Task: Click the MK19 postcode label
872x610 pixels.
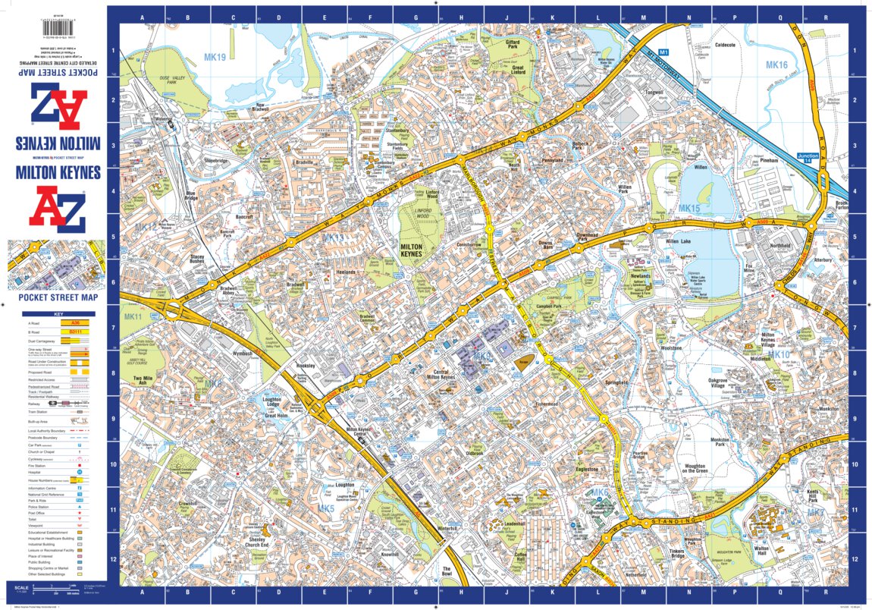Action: click(x=215, y=57)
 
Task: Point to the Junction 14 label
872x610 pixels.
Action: click(x=808, y=158)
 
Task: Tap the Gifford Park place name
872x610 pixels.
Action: click(x=518, y=46)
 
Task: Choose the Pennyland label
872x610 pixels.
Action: click(x=552, y=161)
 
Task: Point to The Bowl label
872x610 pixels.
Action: click(x=447, y=571)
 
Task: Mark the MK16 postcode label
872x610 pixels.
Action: click(x=776, y=64)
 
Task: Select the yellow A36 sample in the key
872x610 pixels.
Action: click(x=80, y=322)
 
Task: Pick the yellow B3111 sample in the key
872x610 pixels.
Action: click(x=80, y=332)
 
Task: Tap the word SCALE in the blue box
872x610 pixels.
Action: click(x=20, y=588)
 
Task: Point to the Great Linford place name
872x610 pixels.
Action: click(x=519, y=70)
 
